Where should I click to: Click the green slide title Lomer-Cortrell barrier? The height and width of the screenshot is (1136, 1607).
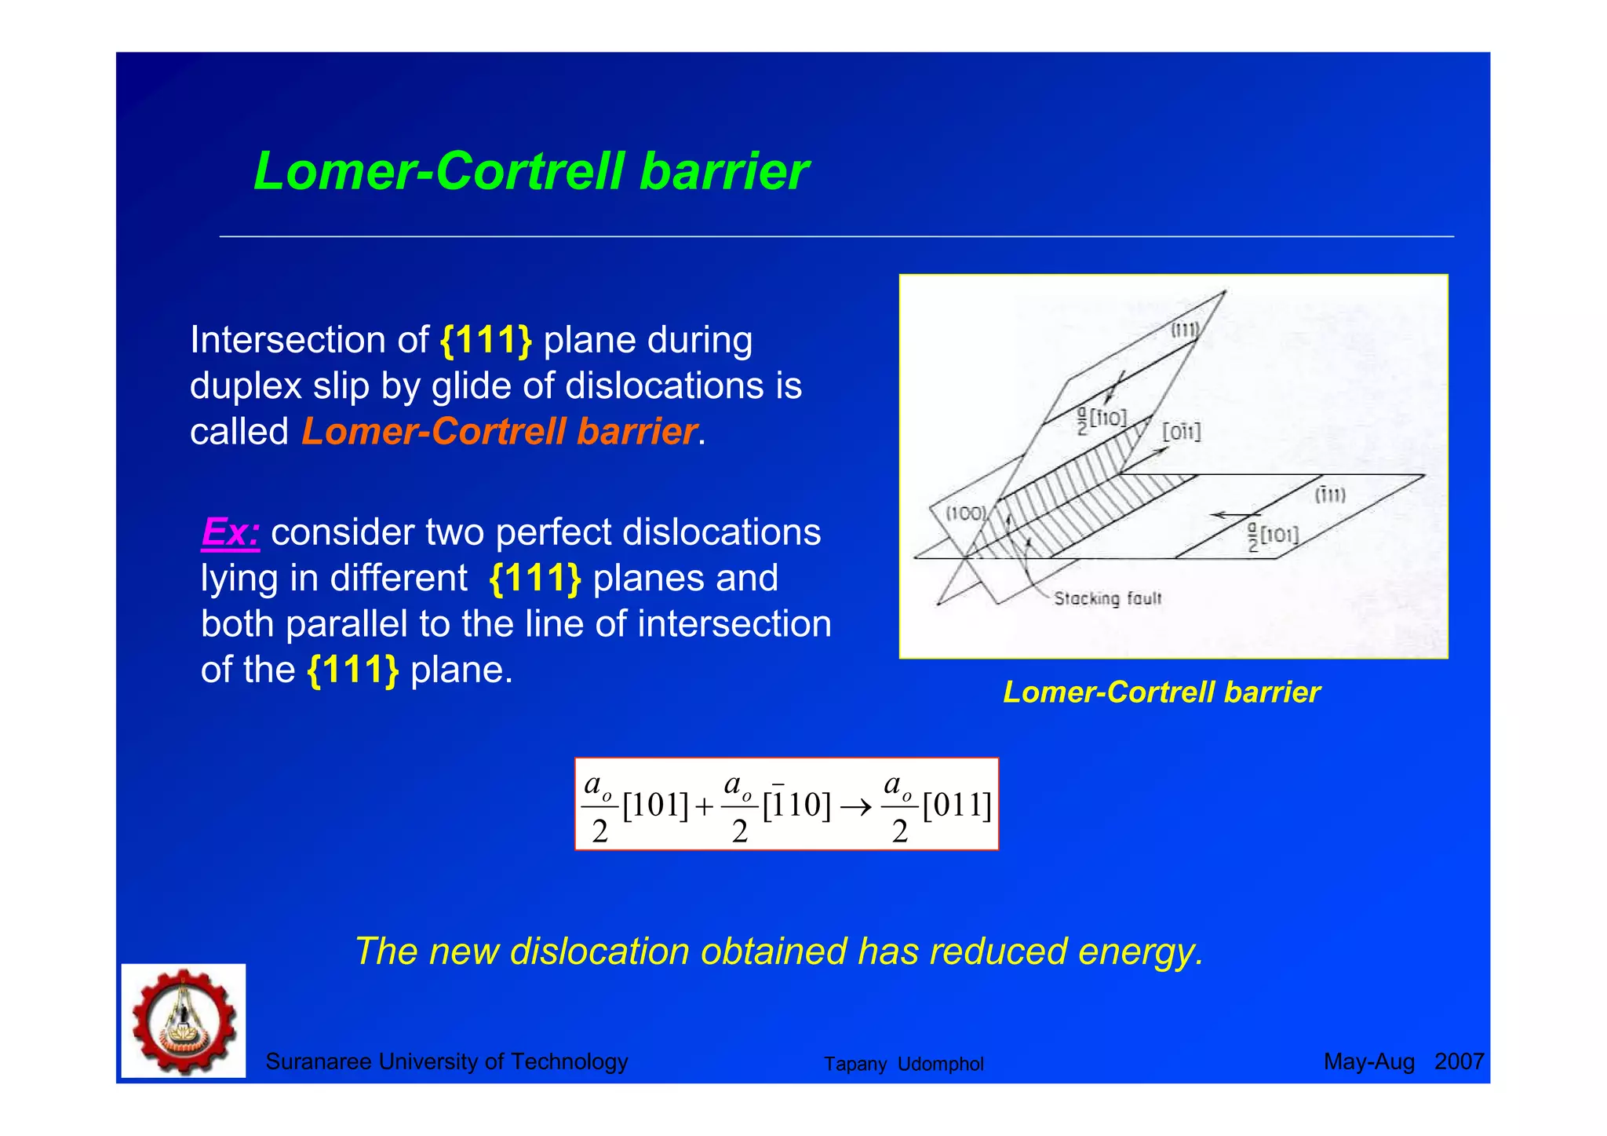[x=530, y=171]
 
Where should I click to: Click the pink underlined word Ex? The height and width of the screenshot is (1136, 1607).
[x=230, y=532]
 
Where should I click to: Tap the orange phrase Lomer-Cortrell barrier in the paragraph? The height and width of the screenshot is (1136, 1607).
[x=499, y=431]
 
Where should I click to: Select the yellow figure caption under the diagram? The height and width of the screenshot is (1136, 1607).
[x=1161, y=692]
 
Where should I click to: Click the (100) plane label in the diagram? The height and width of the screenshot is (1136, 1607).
[x=965, y=513]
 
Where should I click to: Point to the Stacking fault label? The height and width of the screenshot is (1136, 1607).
[x=1107, y=598]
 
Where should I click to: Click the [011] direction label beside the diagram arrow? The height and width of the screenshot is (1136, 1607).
[x=1181, y=432]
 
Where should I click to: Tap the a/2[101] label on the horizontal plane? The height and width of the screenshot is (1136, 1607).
[x=1273, y=535]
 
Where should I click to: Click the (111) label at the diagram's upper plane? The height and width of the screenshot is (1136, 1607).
[x=1185, y=330]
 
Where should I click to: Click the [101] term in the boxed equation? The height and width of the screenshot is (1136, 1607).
[x=655, y=805]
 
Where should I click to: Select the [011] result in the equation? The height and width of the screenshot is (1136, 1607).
[x=957, y=805]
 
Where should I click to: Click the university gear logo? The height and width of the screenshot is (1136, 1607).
[x=184, y=1021]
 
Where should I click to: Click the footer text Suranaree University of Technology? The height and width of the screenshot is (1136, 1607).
[x=446, y=1061]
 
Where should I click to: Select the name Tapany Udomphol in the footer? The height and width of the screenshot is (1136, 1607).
[x=903, y=1064]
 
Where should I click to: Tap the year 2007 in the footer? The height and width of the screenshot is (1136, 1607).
[x=1459, y=1061]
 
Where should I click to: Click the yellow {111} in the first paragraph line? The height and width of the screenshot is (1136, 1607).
[x=486, y=340]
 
